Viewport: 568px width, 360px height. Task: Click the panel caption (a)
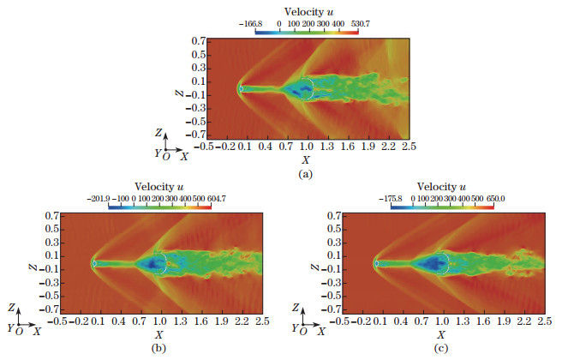tap(304, 172)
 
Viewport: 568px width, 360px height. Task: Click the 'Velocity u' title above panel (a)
tap(304, 9)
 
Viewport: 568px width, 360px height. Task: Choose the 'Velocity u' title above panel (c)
tap(442, 187)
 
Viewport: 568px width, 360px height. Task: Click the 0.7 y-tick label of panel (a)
tap(198, 40)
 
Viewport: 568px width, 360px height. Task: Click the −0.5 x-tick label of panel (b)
tap(58, 321)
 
